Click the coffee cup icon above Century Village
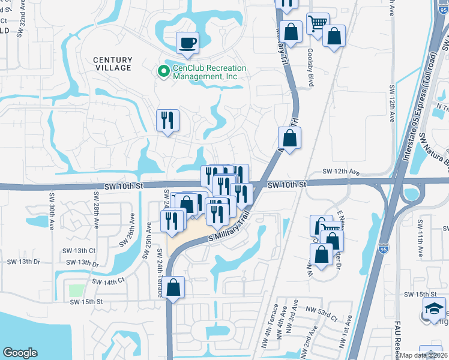187,43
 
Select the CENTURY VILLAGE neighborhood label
112,64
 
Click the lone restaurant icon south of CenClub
168,120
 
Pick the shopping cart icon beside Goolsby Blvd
318,23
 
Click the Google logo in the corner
20,353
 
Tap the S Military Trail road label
228,229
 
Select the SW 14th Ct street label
109,280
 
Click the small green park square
76,290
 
